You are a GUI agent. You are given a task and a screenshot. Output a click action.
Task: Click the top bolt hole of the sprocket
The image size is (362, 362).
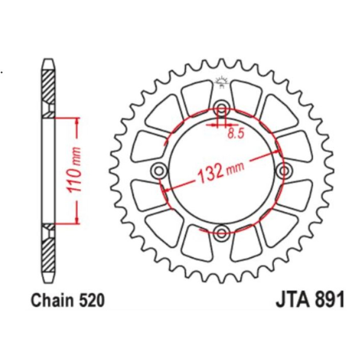click(x=221, y=110)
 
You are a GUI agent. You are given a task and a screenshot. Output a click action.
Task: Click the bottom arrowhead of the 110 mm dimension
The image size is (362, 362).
click(x=77, y=220)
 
